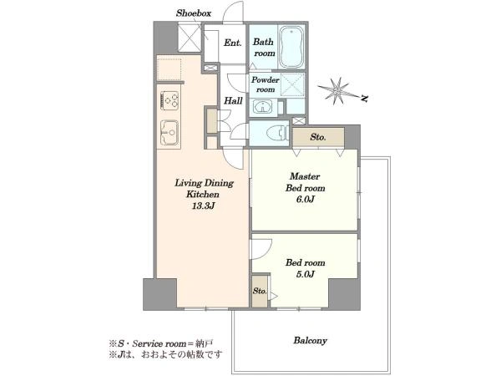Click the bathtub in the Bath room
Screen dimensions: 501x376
point(291,47)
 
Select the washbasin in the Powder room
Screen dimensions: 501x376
point(263,106)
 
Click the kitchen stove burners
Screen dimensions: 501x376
point(170,100)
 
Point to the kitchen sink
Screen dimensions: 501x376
point(170,132)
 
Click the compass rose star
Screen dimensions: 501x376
point(337,91)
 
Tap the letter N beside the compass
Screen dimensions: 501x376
point(364,99)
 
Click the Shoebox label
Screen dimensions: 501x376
point(194,13)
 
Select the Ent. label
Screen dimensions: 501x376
point(233,43)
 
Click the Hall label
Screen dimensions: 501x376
point(233,101)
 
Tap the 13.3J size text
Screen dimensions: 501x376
point(203,206)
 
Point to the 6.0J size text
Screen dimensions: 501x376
point(305,199)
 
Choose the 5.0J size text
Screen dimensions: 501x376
point(305,274)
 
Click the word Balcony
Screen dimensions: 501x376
point(311,341)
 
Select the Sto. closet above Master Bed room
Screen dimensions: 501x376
point(318,137)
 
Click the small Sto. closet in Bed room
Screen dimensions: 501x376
point(260,291)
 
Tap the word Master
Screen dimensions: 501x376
point(305,176)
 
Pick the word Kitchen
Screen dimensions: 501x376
point(203,195)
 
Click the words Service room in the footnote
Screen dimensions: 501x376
point(159,344)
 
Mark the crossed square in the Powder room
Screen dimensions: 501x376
point(293,84)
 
